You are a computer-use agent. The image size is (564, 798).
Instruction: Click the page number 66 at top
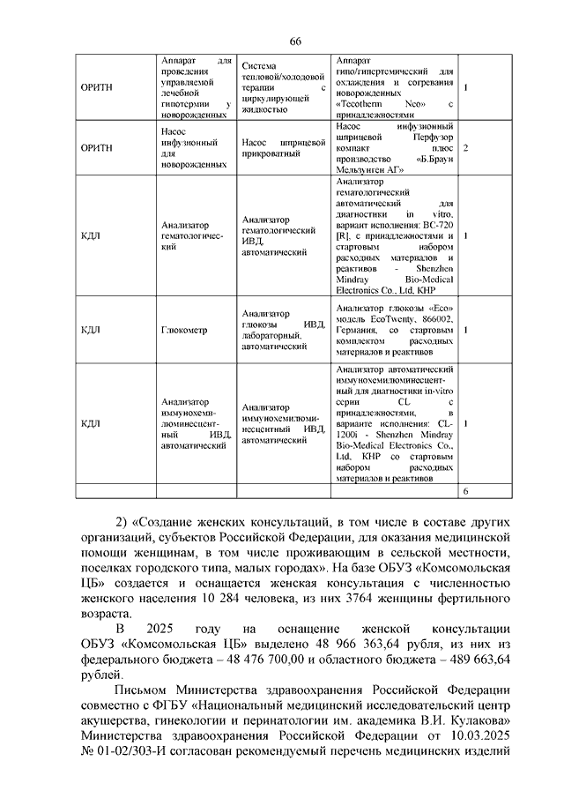click(x=295, y=42)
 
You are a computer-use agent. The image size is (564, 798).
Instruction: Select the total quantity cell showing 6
click(x=465, y=490)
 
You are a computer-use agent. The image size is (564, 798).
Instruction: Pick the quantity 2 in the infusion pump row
click(x=465, y=148)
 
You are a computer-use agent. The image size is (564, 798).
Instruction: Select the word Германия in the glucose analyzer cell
click(x=360, y=329)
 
